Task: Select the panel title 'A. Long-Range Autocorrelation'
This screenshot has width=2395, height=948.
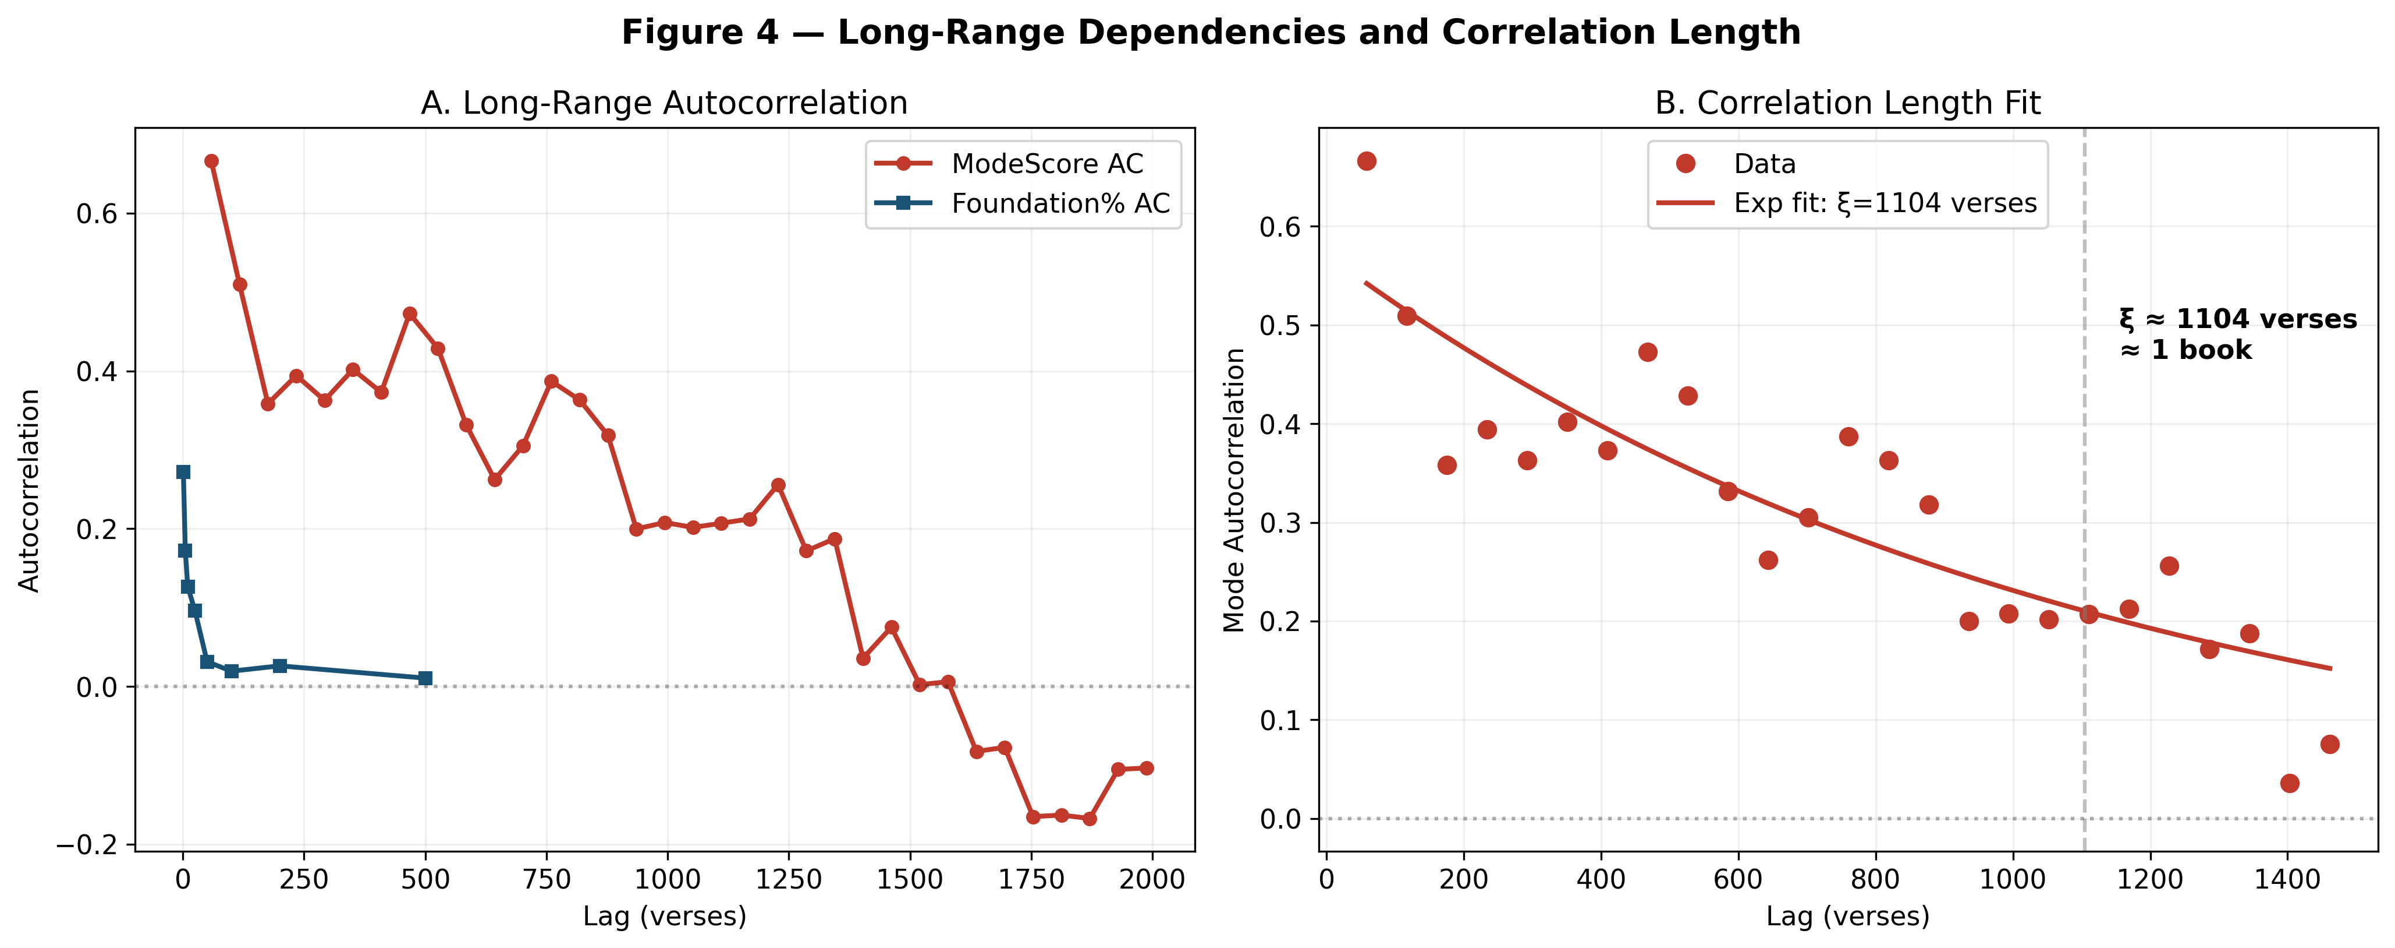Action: click(x=664, y=103)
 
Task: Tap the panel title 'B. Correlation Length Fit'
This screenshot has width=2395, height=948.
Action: click(x=1847, y=103)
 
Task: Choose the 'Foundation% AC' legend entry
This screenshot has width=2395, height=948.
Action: click(x=1060, y=204)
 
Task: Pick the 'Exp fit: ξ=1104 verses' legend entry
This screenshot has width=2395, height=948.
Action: click(x=1885, y=204)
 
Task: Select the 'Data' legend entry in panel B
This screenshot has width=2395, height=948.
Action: click(x=1764, y=164)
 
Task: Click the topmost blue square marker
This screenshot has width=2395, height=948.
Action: click(x=183, y=473)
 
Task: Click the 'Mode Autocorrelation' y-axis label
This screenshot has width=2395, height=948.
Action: click(x=1234, y=490)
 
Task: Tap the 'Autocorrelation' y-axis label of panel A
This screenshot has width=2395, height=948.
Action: click(x=29, y=490)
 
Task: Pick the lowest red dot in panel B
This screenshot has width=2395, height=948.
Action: click(x=2290, y=783)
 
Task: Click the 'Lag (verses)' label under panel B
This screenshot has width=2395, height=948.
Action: click(x=1847, y=917)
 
